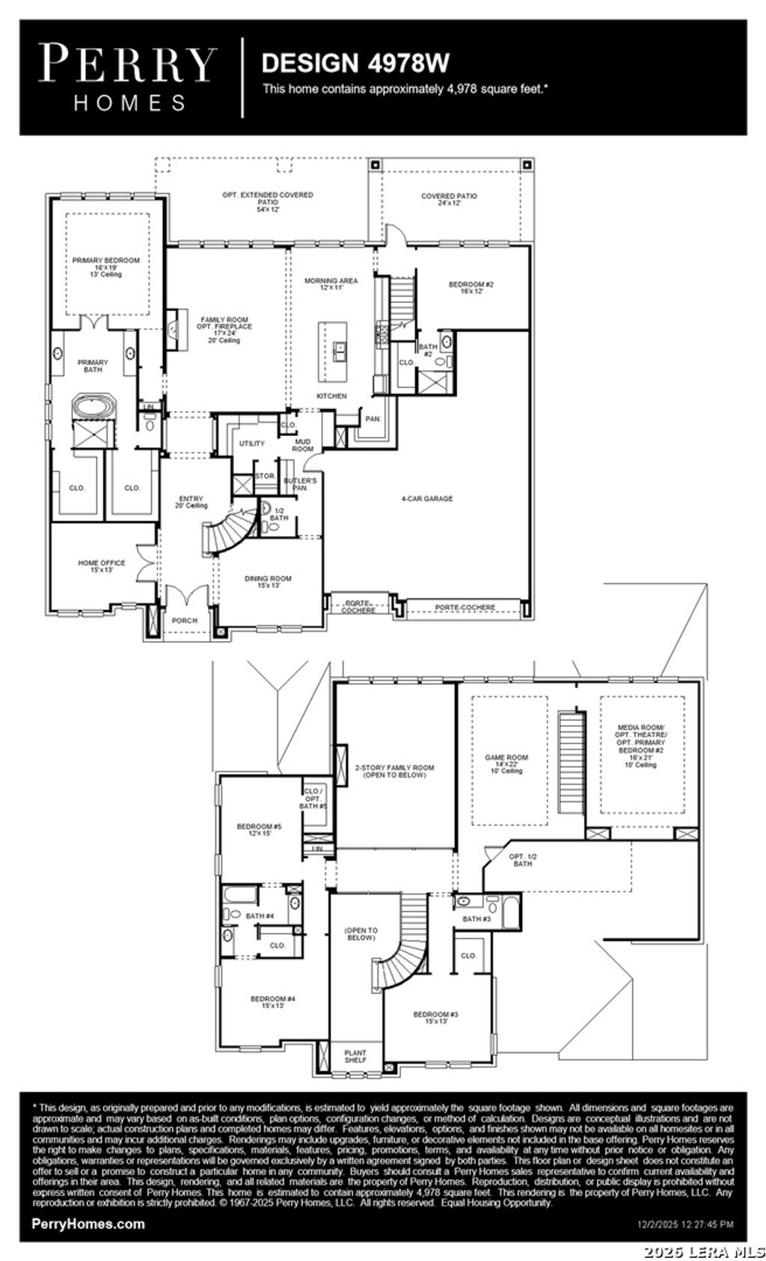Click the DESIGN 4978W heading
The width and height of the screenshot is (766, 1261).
[x=355, y=63]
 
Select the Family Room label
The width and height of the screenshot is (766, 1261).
[x=225, y=327]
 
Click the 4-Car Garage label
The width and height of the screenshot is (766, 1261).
[x=426, y=499]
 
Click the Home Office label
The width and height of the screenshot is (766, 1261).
[x=102, y=566]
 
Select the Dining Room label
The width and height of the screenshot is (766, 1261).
[x=268, y=582]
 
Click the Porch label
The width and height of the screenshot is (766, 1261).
[x=185, y=620]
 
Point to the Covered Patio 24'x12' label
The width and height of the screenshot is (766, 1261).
[x=449, y=200]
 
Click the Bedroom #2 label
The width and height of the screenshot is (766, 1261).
[x=471, y=287]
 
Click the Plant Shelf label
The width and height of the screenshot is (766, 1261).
[x=355, y=1056]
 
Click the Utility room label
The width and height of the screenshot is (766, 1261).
[x=252, y=444]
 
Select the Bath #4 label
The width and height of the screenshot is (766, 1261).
[x=260, y=915]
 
